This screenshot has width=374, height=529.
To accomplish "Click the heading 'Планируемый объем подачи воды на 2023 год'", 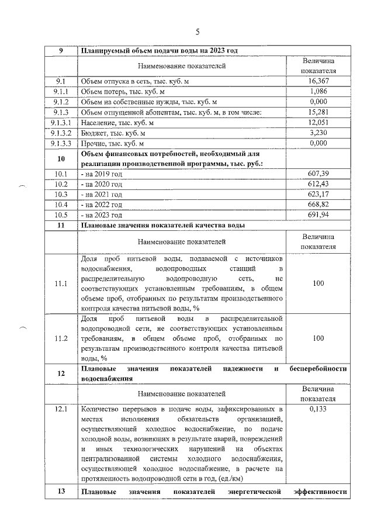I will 158,50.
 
